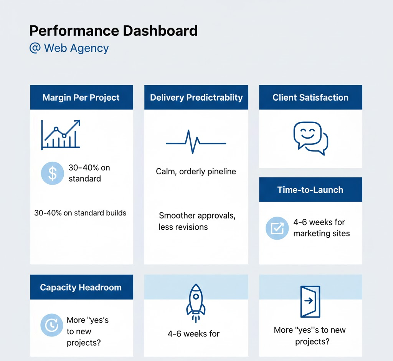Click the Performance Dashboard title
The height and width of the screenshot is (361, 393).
(113, 31)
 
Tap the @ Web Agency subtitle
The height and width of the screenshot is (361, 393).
(69, 48)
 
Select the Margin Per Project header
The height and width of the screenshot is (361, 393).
(81, 98)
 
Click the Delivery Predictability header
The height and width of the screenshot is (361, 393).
(196, 98)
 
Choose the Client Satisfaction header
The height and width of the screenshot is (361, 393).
(310, 98)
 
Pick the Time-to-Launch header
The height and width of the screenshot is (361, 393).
(310, 190)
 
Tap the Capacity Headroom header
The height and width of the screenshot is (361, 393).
(81, 287)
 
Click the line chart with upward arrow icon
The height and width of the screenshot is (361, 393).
(61, 134)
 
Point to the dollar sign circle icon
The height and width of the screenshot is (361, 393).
(52, 173)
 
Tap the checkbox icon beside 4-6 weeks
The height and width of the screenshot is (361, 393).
(277, 228)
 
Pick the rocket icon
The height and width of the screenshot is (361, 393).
(196, 303)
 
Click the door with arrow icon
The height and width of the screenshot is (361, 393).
(310, 301)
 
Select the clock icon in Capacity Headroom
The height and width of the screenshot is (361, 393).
(51, 326)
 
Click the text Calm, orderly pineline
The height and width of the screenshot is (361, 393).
(196, 171)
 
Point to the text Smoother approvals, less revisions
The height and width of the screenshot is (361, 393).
(196, 221)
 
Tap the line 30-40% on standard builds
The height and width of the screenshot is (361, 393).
(80, 213)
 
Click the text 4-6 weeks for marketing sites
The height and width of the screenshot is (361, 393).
(321, 228)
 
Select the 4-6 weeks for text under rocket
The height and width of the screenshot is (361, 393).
(193, 334)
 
